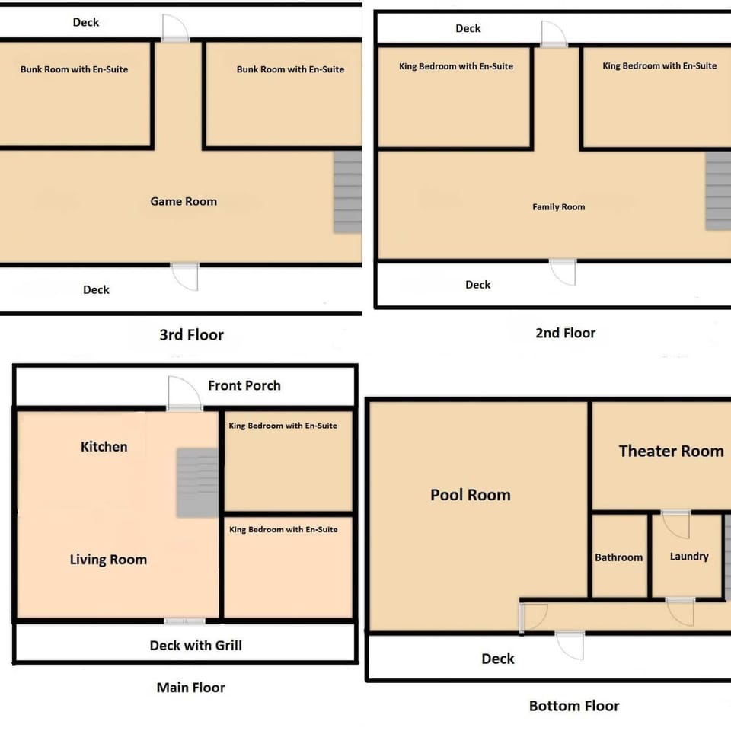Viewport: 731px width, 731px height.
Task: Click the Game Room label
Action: [x=184, y=201]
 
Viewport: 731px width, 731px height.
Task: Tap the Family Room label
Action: [x=558, y=207]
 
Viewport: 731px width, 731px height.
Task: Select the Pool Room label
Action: [x=470, y=495]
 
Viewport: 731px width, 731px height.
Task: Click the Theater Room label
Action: [x=671, y=451]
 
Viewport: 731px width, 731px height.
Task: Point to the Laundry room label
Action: [x=689, y=557]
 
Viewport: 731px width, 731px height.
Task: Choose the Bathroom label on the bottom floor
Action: [x=618, y=557]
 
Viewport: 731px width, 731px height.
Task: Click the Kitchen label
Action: [x=104, y=446]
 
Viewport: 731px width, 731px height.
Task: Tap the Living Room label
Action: [x=108, y=560]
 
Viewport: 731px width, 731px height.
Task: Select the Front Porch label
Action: [x=244, y=385]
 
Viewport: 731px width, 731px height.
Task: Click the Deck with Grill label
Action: [x=196, y=646]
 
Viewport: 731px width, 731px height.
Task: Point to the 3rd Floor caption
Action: [x=191, y=335]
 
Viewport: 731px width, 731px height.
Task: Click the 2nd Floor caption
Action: [x=565, y=333]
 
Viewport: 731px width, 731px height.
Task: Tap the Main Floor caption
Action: [x=190, y=688]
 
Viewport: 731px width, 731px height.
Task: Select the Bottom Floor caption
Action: [x=574, y=706]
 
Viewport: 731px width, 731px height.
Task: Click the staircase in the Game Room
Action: [x=347, y=192]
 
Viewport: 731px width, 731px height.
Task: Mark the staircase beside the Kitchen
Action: [x=197, y=482]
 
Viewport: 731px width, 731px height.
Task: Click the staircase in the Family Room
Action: [x=718, y=190]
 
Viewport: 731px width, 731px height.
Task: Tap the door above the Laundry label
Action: [x=675, y=525]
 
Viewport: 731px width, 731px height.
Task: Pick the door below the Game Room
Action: [x=185, y=276]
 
